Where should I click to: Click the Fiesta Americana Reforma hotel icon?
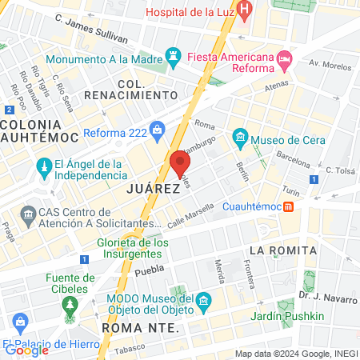(x=284, y=58)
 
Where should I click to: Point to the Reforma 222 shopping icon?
(x=157, y=129)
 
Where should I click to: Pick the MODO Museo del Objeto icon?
(x=204, y=302)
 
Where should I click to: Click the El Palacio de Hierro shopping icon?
(x=21, y=323)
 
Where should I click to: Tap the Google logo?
(x=26, y=350)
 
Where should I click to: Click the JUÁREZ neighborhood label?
(x=150, y=189)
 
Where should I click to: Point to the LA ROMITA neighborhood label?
(x=279, y=250)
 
